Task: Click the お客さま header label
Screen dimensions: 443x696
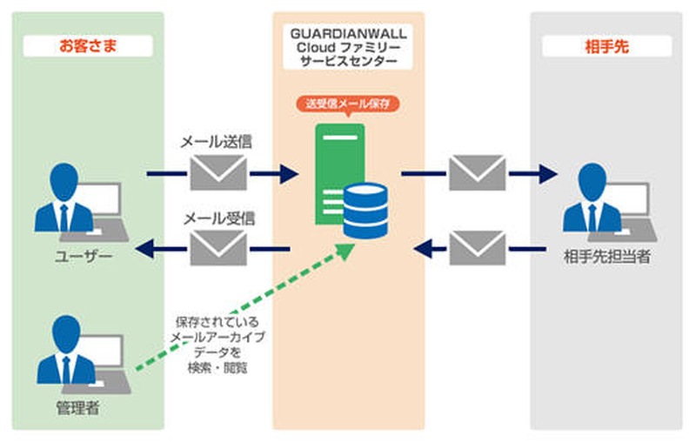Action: (88, 45)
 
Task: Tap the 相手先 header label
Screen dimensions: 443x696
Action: (607, 45)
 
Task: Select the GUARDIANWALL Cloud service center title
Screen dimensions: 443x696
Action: (348, 45)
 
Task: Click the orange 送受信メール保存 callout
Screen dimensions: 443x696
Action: (348, 104)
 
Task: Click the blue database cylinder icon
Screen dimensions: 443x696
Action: (366, 210)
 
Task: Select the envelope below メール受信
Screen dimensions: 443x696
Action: (217, 248)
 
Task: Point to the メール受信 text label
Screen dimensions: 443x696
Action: (217, 217)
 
